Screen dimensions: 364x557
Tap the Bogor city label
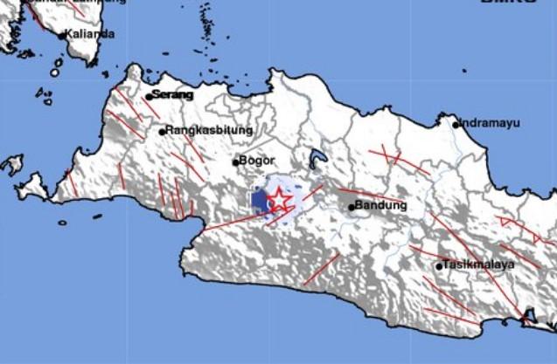[258, 161]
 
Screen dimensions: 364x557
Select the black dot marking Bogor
[235, 161]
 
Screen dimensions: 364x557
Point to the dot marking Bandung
[352, 207]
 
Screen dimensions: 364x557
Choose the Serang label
[172, 94]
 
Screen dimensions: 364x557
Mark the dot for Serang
[149, 96]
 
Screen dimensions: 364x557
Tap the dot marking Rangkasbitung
[162, 132]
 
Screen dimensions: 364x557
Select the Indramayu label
[490, 123]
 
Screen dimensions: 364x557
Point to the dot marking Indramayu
[456, 124]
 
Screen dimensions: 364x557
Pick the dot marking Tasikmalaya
[439, 265]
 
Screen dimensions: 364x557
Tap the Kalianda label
[90, 34]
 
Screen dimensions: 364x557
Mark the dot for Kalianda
[62, 36]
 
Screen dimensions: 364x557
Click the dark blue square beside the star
[259, 201]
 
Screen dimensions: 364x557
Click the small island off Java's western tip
[12, 163]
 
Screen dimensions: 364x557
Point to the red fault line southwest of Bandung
[321, 269]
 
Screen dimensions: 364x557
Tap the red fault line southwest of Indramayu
[384, 157]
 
